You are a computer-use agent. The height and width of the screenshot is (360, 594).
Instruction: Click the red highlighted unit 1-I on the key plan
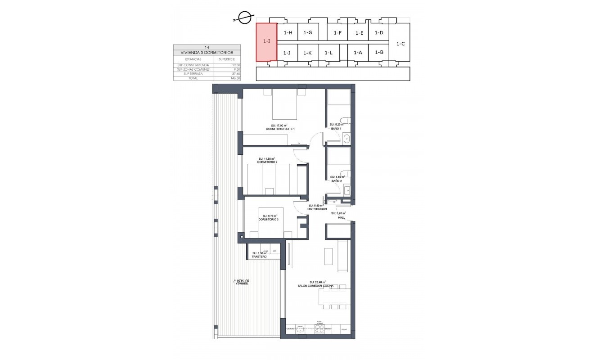266,42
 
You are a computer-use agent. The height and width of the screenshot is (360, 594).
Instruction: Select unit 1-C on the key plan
400,44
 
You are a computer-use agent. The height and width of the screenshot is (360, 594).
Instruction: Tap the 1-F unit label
338,33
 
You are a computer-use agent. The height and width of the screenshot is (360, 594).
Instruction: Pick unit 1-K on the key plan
307,53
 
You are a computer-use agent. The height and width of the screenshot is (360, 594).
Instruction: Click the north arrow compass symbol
243,18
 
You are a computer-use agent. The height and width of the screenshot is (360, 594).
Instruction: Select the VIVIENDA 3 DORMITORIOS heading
207,53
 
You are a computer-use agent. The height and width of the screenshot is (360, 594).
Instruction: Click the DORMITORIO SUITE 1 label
280,129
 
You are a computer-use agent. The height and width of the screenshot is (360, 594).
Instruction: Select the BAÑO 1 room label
336,129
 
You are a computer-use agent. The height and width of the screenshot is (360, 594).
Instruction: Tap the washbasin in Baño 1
346,139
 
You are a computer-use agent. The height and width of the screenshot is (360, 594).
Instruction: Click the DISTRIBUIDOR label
317,209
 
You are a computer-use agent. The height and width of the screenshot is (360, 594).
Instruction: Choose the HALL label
342,217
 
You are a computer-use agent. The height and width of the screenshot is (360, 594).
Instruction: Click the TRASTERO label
259,257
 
